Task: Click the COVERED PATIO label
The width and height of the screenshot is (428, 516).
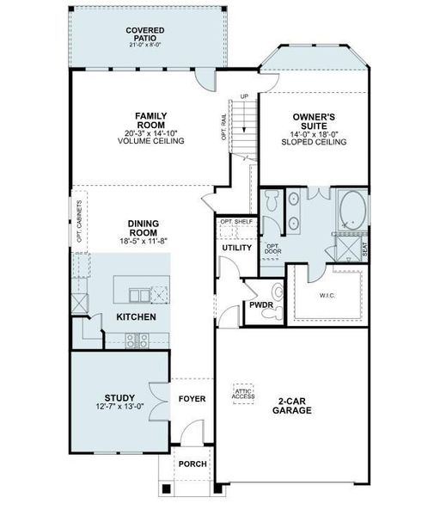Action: pyautogui.click(x=144, y=34)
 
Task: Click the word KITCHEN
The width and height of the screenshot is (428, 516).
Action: pyautogui.click(x=136, y=318)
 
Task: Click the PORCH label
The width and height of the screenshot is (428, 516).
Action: pyautogui.click(x=191, y=464)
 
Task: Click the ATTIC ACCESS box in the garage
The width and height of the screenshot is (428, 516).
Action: pyautogui.click(x=245, y=394)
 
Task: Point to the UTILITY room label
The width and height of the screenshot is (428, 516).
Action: pyautogui.click(x=236, y=249)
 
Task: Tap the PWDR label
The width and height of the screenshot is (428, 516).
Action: pyautogui.click(x=260, y=304)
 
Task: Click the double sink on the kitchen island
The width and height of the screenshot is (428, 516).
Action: pyautogui.click(x=137, y=296)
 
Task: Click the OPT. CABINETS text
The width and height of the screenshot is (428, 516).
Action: pyautogui.click(x=79, y=222)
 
